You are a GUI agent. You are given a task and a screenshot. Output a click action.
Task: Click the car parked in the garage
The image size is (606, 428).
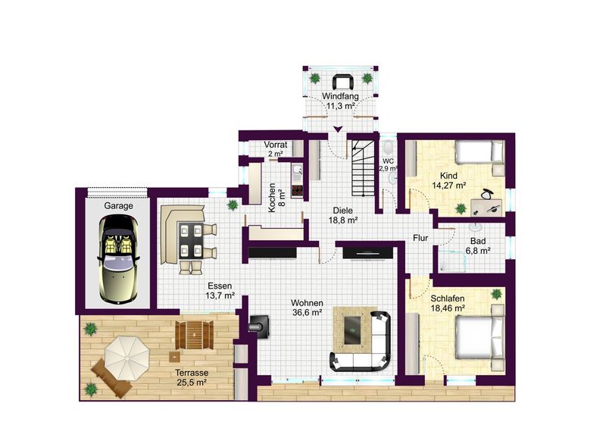pos(119,258)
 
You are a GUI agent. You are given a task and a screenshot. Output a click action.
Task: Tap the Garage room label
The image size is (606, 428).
pos(118,206)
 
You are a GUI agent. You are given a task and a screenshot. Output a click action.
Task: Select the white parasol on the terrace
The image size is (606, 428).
pos(127,358)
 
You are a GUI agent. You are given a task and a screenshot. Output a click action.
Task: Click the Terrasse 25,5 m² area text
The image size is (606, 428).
pos(192,378)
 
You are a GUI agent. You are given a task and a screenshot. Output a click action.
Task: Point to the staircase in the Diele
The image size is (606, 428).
pos(363,167)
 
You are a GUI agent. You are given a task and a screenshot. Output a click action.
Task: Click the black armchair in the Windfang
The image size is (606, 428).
pos(342,82)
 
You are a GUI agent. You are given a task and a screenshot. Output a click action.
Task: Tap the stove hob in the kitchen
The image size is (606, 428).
pos(297,190)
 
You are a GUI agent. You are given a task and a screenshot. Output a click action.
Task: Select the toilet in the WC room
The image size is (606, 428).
pos(388,148)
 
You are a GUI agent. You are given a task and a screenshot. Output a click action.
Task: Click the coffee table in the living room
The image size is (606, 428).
pos(353,330)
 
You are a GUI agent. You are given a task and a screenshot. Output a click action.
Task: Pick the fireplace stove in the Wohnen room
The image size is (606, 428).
pos(260,323)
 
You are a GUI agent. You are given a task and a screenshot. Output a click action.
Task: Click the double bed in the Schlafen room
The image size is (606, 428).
pos(479,337)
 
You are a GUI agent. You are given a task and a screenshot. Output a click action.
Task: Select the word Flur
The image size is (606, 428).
pos(420,238)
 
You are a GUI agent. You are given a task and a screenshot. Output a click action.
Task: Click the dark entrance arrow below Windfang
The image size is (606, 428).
pos(339,129)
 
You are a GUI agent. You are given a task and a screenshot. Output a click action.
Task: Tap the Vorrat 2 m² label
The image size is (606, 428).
pos(276,148)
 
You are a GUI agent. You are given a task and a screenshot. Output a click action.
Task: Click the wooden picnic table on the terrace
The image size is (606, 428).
pos(195,334)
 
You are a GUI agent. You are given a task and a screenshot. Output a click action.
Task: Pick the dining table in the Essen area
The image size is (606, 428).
pos(192,240)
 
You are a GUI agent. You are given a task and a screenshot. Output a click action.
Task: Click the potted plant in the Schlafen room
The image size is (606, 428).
pos(496,295)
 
